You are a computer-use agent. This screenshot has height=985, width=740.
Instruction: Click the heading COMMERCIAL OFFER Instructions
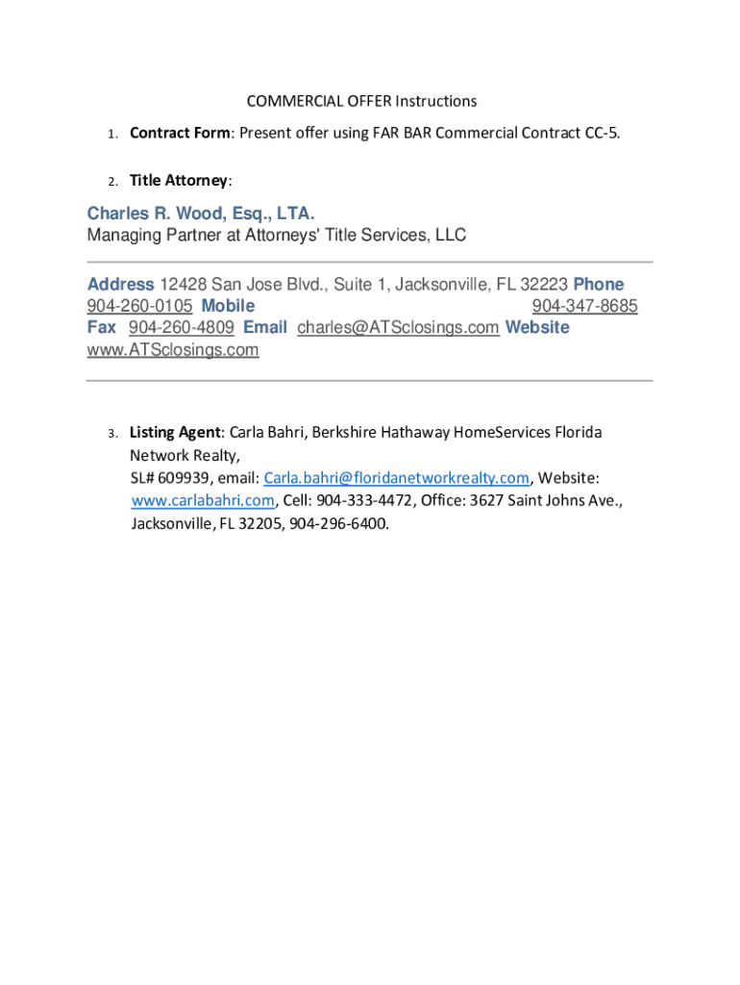361,101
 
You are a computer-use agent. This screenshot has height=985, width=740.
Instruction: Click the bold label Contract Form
180,133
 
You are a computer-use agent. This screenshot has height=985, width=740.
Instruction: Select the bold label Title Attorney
179,181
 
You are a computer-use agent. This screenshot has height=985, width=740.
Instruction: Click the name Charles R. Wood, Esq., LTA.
201,214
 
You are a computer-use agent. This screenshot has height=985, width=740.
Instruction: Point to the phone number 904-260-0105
139,306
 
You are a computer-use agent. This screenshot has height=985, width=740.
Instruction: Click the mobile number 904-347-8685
584,306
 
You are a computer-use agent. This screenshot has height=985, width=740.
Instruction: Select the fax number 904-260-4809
181,327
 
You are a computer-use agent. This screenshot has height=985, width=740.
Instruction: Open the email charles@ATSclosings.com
398,327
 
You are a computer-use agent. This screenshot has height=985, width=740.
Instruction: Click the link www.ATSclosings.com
173,349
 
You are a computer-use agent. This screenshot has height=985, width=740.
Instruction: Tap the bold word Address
120,285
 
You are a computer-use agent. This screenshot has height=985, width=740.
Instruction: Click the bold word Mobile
228,306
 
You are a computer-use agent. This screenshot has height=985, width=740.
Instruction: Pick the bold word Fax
102,327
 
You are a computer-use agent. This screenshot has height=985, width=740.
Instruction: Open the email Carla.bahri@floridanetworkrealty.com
397,478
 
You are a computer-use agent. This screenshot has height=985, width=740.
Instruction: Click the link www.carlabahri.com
203,501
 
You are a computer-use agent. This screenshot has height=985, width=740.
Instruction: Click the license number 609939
179,478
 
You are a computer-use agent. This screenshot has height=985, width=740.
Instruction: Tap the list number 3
111,433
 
